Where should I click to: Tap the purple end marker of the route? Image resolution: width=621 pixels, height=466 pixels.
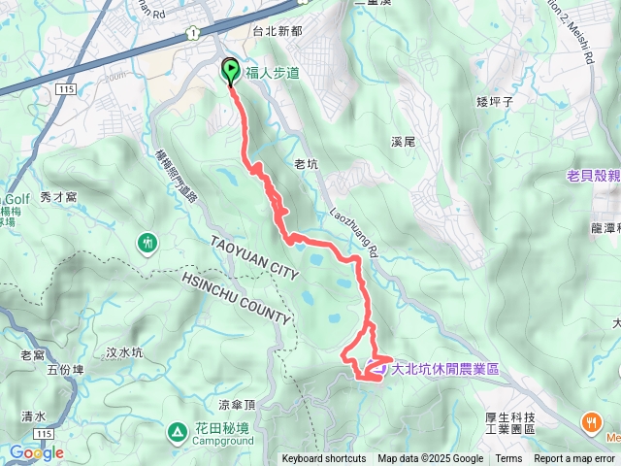[373, 369]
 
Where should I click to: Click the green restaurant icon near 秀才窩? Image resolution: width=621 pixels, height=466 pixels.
[147, 240]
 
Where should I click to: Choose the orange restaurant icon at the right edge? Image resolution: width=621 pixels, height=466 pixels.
[591, 421]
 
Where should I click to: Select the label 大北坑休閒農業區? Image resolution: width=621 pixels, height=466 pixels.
[444, 369]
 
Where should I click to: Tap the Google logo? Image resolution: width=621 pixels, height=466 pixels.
[37, 452]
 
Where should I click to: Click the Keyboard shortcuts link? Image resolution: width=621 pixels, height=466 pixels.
[323, 459]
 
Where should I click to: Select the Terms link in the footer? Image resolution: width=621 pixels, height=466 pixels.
[508, 459]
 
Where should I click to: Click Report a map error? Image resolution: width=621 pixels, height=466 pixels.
[573, 459]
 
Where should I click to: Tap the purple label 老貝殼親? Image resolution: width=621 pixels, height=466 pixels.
[593, 177]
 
